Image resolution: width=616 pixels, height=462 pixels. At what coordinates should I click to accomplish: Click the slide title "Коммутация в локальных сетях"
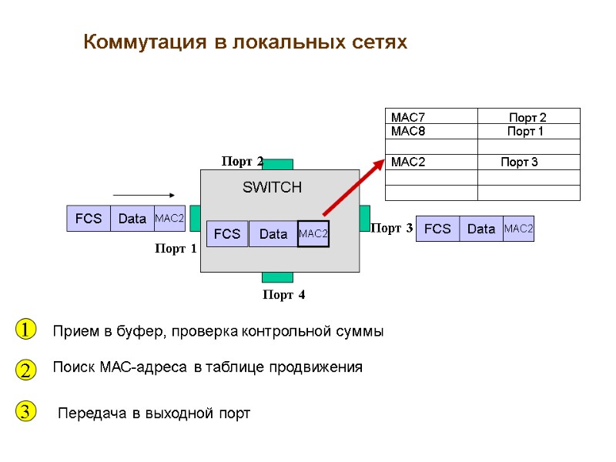[245, 42]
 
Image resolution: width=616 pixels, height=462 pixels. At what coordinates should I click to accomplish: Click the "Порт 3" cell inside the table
[520, 162]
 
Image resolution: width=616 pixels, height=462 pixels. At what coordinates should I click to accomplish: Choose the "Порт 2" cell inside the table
[527, 117]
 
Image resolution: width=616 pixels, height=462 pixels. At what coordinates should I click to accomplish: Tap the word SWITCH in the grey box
[273, 187]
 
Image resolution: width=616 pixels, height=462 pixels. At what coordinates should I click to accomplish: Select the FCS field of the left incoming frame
[89, 219]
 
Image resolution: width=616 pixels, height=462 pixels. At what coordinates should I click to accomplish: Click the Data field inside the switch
[273, 234]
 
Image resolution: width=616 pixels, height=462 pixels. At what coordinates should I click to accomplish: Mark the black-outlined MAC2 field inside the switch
[313, 233]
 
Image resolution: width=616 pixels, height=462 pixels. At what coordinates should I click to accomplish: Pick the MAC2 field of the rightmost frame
[518, 229]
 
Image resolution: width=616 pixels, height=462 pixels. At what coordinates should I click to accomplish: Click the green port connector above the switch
[277, 164]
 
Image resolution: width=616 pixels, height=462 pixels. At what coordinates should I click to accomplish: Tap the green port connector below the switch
[277, 277]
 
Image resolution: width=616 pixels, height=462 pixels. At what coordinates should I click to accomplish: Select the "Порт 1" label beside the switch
[176, 249]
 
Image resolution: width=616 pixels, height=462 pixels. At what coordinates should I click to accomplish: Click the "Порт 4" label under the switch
[283, 294]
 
